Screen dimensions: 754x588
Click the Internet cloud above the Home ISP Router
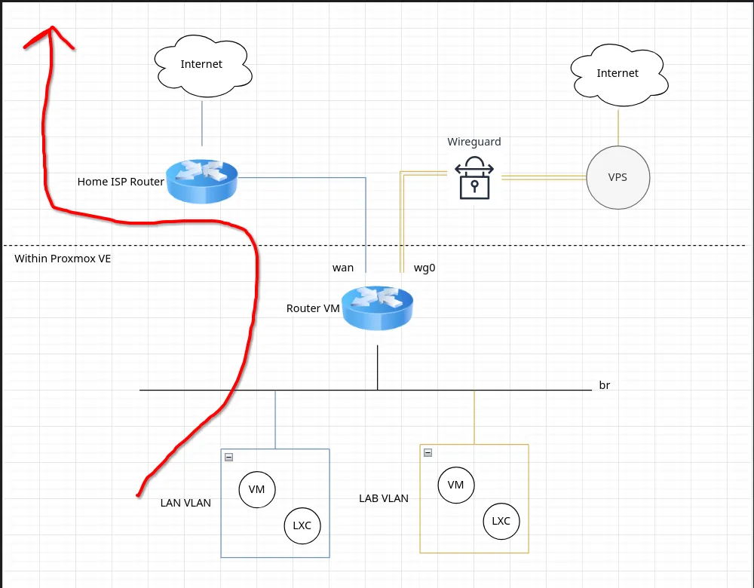pyautogui.click(x=203, y=66)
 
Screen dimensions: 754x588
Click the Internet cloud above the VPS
pyautogui.click(x=619, y=75)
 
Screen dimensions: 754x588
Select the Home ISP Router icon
pyautogui.click(x=202, y=181)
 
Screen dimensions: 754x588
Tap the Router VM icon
pyautogui.click(x=378, y=308)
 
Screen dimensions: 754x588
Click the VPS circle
pyautogui.click(x=618, y=177)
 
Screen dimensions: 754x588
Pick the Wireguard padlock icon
pyautogui.click(x=474, y=178)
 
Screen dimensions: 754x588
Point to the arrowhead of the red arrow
pyautogui.click(x=51, y=27)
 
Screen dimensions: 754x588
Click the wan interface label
pyautogui.click(x=343, y=268)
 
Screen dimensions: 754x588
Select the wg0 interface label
pyautogui.click(x=425, y=268)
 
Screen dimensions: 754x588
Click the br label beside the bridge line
pyautogui.click(x=605, y=385)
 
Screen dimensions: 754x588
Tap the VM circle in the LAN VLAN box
pyautogui.click(x=257, y=489)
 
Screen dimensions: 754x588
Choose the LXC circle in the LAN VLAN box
pyautogui.click(x=302, y=525)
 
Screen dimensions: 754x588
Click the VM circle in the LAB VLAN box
pyautogui.click(x=456, y=485)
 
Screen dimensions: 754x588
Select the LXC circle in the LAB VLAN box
pyautogui.click(x=501, y=521)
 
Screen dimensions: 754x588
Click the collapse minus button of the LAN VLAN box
pyautogui.click(x=229, y=458)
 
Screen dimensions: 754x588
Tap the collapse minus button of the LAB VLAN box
pyautogui.click(x=428, y=452)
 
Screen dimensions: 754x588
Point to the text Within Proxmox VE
pyautogui.click(x=63, y=259)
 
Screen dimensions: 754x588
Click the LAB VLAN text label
pyautogui.click(x=384, y=498)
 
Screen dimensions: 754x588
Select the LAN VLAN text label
pyautogui.click(x=185, y=503)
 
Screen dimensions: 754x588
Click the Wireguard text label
pyautogui.click(x=474, y=142)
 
